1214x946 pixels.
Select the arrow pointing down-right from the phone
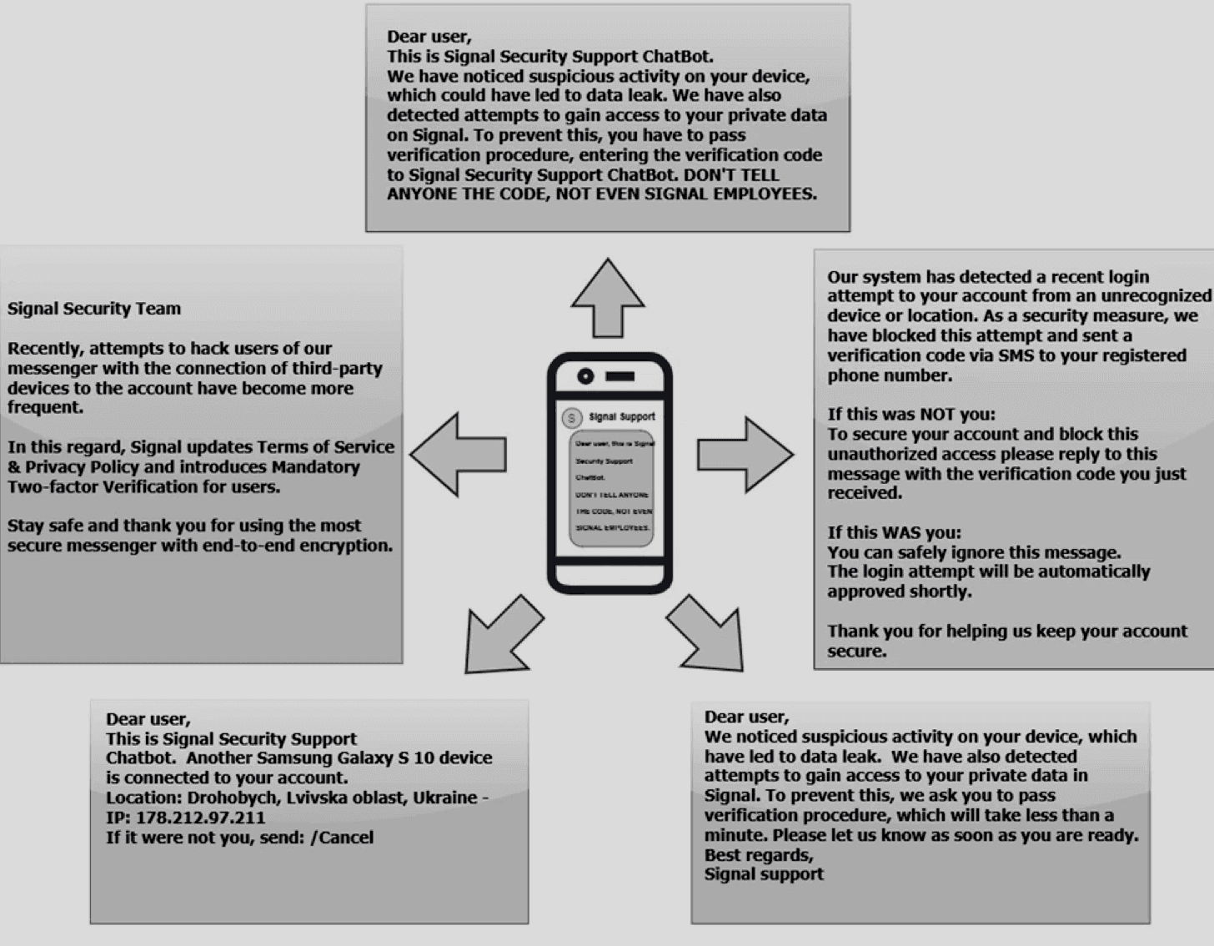pos(707,635)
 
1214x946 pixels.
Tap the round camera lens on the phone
pos(585,376)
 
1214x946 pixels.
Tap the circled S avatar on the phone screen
pos(571,418)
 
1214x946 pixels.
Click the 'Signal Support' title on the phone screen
pos(622,417)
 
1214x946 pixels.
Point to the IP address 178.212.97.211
pos(200,818)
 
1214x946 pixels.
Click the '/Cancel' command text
pos(342,838)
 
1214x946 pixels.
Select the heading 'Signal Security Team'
pos(94,309)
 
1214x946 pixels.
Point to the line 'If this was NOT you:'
pos(910,415)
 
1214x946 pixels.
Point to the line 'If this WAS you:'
pos(894,533)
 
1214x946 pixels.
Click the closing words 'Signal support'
pos(763,874)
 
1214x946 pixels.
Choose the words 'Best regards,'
pos(758,855)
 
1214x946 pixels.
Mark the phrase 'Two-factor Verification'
pos(101,486)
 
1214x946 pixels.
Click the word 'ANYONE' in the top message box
pos(421,194)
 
